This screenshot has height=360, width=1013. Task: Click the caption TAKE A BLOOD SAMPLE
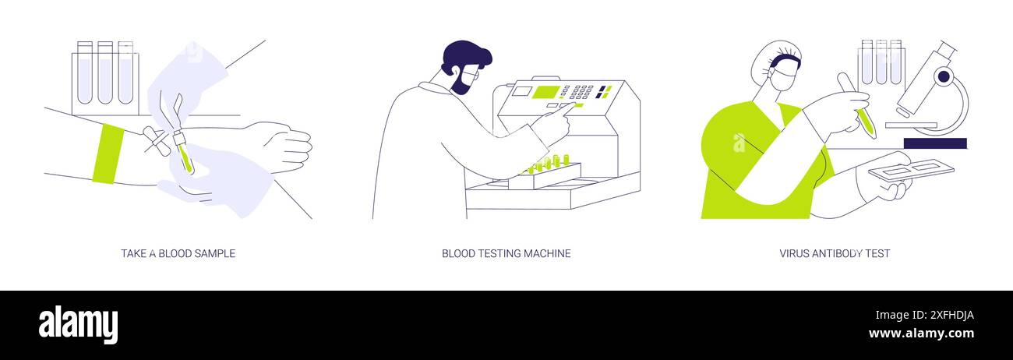pos(178,253)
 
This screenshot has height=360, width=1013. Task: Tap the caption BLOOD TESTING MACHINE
pos(506,253)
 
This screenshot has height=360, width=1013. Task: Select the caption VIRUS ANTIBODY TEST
pos(835,253)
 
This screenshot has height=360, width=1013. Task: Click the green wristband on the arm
pos(108,154)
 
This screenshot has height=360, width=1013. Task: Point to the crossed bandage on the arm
pos(155,143)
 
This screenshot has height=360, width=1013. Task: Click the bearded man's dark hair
pos(466,57)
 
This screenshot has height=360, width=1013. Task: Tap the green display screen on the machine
pos(545,92)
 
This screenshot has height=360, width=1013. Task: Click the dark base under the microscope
pos(935,143)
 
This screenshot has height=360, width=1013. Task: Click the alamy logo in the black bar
pos(79,324)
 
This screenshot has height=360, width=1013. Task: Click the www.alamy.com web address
pos(921,334)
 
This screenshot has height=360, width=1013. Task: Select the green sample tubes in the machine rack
pos(549,163)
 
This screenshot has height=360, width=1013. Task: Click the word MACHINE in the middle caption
pos(545,253)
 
